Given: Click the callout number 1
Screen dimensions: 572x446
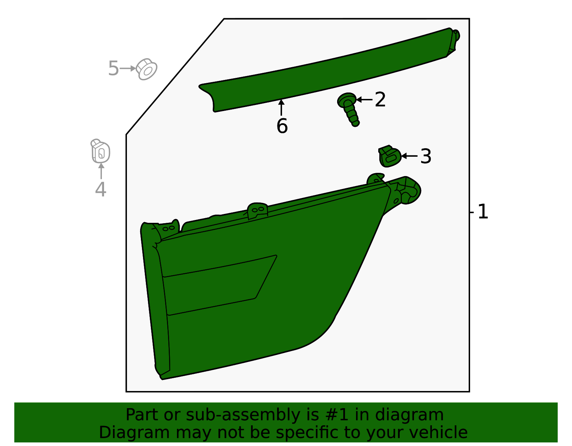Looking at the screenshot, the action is point(483,212).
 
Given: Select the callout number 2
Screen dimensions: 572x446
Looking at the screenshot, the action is point(380,100).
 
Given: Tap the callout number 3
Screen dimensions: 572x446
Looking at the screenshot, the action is point(426,156).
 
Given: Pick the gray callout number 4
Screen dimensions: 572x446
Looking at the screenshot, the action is point(100,189).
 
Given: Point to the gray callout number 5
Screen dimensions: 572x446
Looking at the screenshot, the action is point(113,68).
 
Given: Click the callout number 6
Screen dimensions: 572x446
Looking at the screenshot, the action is point(282,126).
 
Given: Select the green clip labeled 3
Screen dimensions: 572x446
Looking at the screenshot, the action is point(390,156).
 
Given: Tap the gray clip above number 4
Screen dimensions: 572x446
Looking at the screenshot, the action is point(100,151).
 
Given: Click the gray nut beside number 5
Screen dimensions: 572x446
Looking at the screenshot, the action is point(147,69).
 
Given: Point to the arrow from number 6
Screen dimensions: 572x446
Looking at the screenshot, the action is point(281,107).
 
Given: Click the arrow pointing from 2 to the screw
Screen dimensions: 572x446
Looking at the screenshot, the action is point(364,100).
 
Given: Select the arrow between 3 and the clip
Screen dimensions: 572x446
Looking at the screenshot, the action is point(409,156).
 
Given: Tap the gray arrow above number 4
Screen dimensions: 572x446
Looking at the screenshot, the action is point(101,171).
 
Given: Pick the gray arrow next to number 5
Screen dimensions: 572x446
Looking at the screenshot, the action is point(128,69).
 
